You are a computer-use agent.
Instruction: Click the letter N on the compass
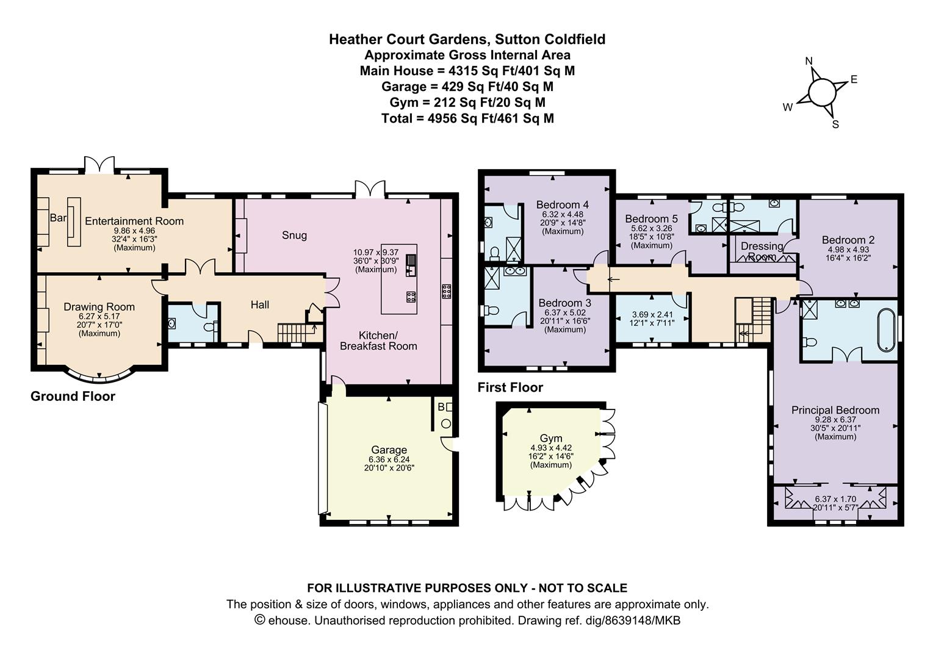pyautogui.click(x=809, y=61)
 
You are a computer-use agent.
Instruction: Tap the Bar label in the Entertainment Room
pyautogui.click(x=58, y=218)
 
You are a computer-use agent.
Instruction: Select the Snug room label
pyautogui.click(x=295, y=236)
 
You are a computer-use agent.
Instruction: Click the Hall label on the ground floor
pyautogui.click(x=260, y=305)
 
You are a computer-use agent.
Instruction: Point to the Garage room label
pyautogui.click(x=389, y=450)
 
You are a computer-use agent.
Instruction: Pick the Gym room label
pyautogui.click(x=551, y=438)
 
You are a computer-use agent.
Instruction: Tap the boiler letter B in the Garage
pyautogui.click(x=441, y=407)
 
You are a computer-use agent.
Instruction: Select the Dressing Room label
pyautogui.click(x=762, y=251)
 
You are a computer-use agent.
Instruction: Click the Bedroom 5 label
pyautogui.click(x=652, y=218)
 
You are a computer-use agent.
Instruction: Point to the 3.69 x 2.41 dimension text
pyautogui.click(x=652, y=315)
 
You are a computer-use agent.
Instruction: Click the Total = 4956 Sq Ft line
pyautogui.click(x=467, y=119)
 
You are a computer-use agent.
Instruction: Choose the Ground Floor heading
pyautogui.click(x=73, y=396)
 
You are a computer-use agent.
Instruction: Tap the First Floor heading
pyautogui.click(x=510, y=387)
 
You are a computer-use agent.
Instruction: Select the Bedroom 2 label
pyautogui.click(x=848, y=240)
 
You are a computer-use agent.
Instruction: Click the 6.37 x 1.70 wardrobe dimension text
pyautogui.click(x=835, y=499)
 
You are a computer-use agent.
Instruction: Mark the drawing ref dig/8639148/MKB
pyautogui.click(x=599, y=621)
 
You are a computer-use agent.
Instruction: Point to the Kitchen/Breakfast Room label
pyautogui.click(x=378, y=340)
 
